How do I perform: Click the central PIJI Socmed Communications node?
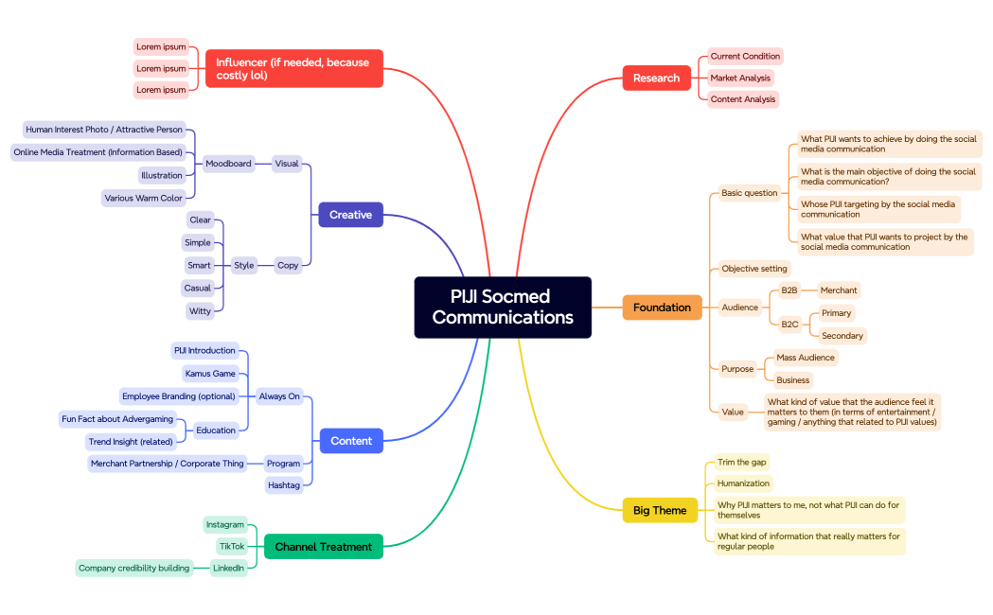(503, 307)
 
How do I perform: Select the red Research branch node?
(656, 78)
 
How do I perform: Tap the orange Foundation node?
(662, 307)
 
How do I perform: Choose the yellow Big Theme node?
(659, 510)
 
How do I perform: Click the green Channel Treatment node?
(324, 546)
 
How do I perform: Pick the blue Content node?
(351, 441)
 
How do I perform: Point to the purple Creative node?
(350, 215)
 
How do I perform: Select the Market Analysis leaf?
(741, 78)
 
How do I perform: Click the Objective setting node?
(754, 269)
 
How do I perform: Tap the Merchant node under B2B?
(838, 290)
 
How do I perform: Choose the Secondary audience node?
(842, 335)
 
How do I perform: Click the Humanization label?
(743, 483)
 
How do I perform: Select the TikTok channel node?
(232, 546)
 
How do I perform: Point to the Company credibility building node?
(133, 568)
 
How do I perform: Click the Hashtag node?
(284, 485)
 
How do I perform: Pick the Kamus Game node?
(210, 374)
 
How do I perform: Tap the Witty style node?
(200, 310)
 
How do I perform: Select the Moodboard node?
(228, 164)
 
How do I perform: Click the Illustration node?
(162, 175)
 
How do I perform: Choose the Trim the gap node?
(741, 462)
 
